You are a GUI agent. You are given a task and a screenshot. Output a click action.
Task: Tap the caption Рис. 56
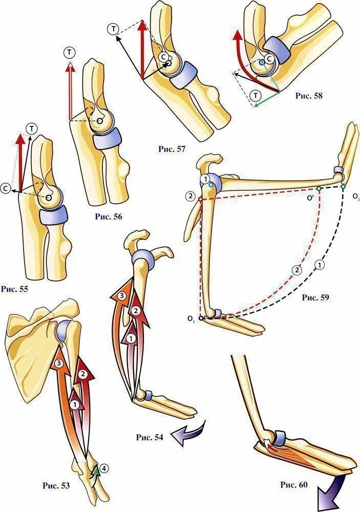[108, 216]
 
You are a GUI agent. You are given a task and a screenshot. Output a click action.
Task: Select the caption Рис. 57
[171, 149]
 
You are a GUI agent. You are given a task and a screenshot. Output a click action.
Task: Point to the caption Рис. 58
[309, 95]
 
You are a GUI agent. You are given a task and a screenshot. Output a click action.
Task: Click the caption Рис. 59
[316, 296]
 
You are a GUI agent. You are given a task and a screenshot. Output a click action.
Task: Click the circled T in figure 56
[70, 52]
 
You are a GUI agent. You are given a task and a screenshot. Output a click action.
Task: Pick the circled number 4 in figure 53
[104, 467]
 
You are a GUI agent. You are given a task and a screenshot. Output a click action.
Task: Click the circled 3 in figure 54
[121, 296]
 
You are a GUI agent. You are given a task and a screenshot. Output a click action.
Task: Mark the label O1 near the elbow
[191, 319]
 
